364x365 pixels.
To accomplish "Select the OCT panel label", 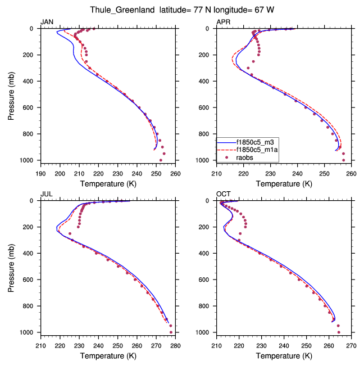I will pos(223,194).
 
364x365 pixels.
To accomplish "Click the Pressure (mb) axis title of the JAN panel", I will pos(12,94).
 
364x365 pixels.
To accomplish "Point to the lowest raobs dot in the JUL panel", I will pos(171,332).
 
